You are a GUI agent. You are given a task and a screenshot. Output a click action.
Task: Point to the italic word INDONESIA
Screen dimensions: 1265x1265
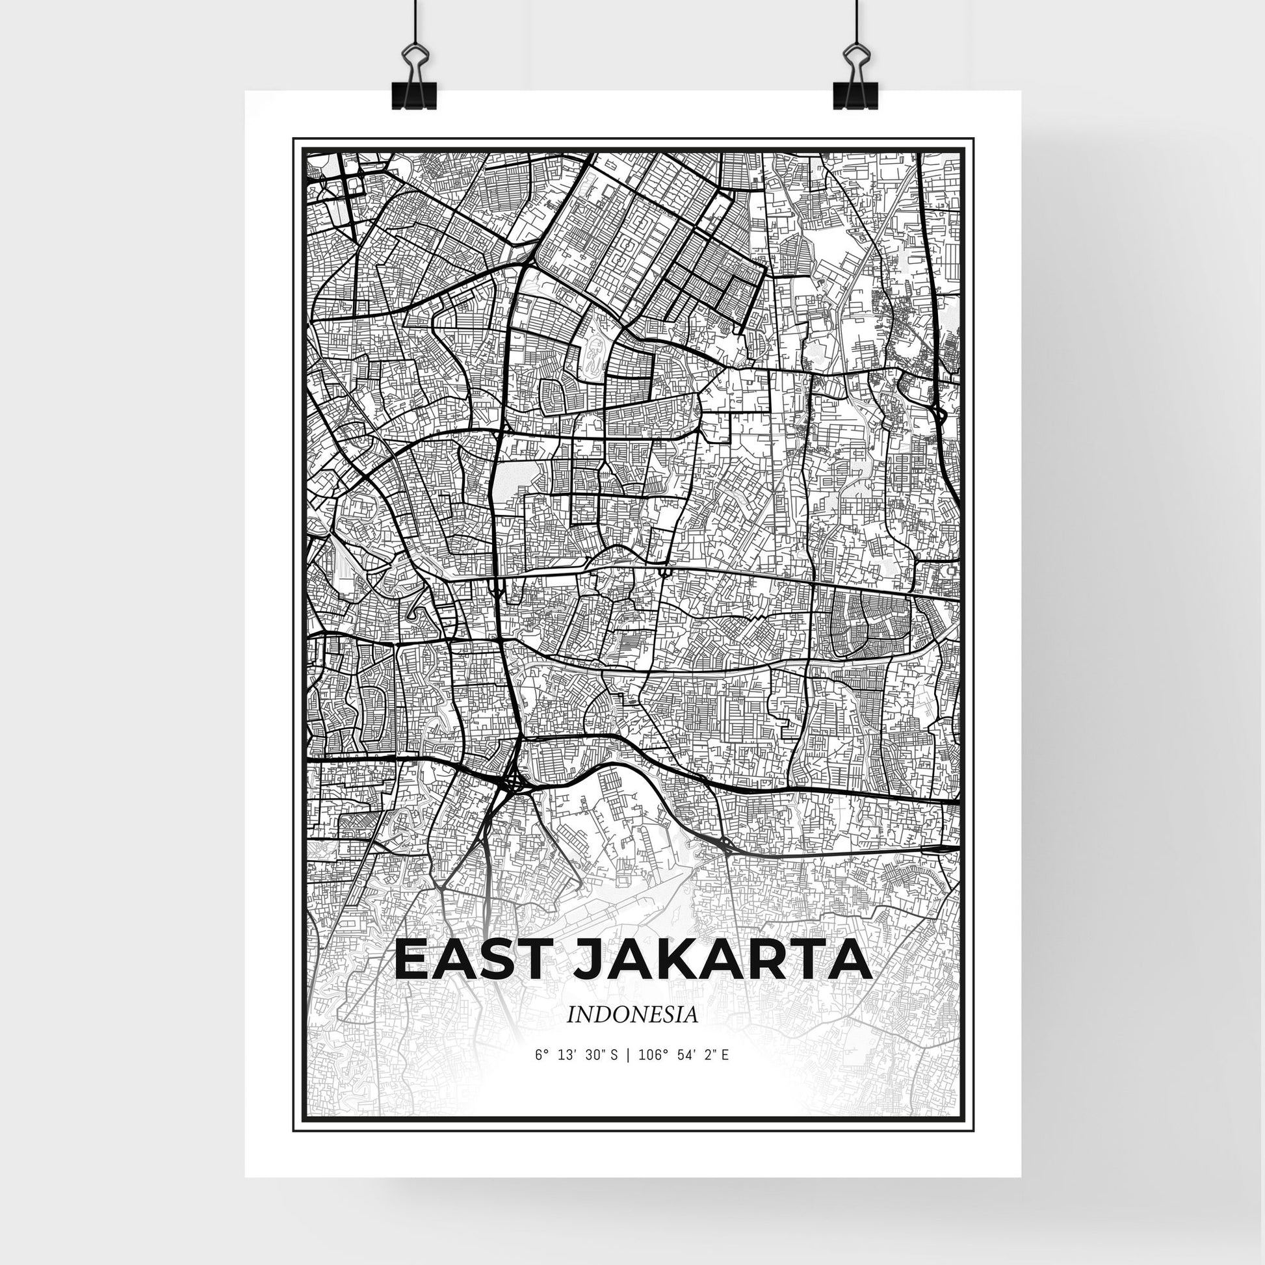[632, 1032]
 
